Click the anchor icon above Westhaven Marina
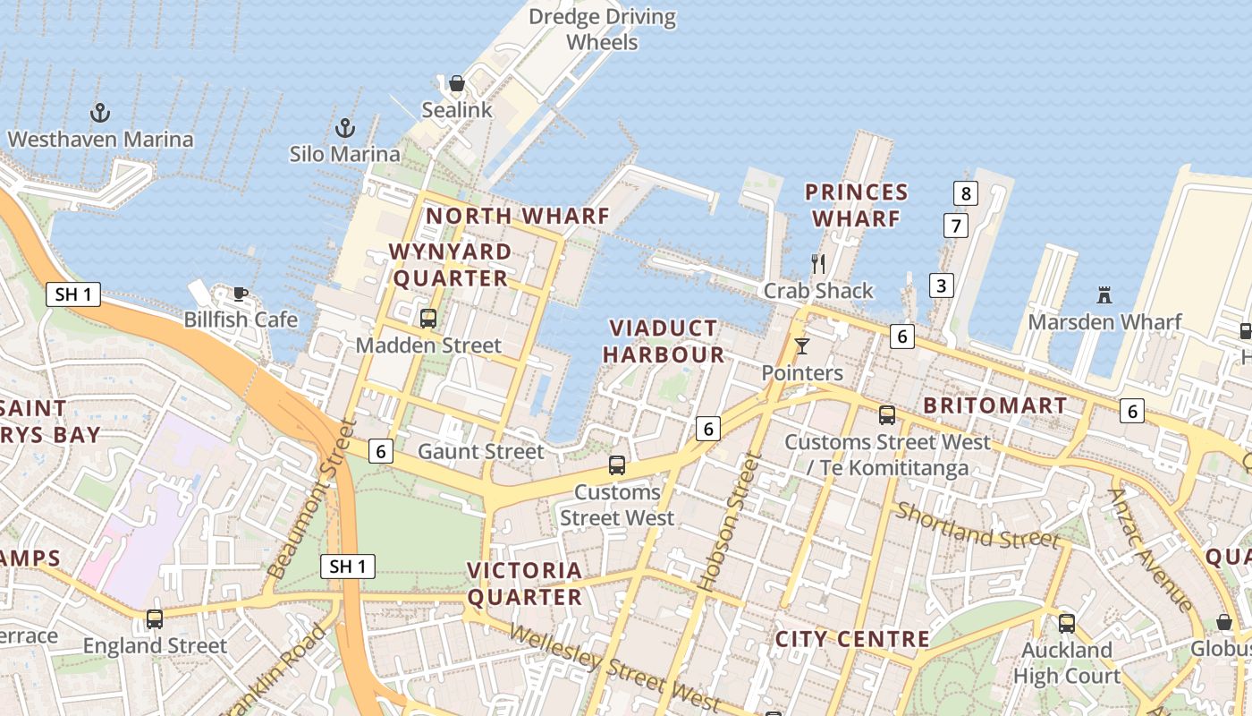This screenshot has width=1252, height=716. (100, 113)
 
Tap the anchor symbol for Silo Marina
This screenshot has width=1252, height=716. (345, 128)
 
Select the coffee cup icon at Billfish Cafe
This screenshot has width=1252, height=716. (240, 294)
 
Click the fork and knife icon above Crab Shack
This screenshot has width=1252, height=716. (817, 263)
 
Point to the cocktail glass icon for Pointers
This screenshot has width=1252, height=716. (801, 345)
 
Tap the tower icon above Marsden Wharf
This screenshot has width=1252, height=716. (1104, 294)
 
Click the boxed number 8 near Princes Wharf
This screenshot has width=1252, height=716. (965, 192)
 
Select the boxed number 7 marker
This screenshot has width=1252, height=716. (955, 226)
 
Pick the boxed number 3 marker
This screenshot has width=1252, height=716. (940, 286)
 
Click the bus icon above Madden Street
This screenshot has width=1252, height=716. (428, 318)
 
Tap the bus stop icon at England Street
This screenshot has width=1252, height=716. (155, 618)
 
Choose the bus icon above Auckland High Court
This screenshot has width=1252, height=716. (1066, 623)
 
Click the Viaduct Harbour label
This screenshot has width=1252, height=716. (663, 341)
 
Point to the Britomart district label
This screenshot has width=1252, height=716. (994, 405)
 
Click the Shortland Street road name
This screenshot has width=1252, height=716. (977, 525)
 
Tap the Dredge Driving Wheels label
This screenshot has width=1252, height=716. (602, 30)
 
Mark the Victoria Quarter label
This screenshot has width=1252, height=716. (524, 584)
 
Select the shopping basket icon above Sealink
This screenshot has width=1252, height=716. (457, 83)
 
